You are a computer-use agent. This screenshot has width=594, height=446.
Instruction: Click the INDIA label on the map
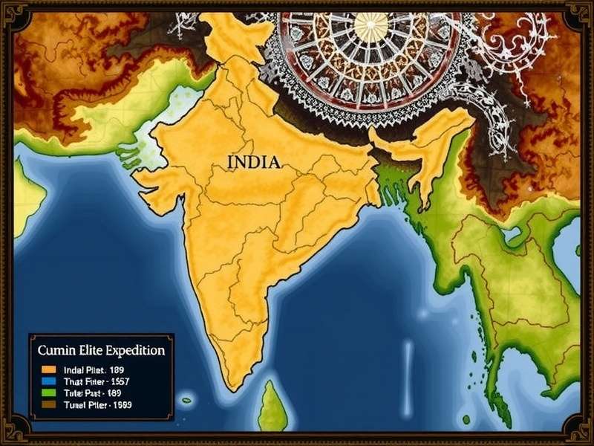coord(254,163)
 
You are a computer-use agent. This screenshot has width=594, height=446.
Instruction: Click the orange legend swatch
coord(50,369)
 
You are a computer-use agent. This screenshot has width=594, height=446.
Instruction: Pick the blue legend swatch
coord(50,381)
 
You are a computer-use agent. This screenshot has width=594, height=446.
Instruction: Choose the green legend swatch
coord(50,392)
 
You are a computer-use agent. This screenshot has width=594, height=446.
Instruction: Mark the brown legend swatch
coord(50,405)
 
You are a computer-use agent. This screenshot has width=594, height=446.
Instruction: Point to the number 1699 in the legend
coord(119,405)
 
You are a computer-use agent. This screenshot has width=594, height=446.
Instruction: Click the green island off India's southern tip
coord(272,407)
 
